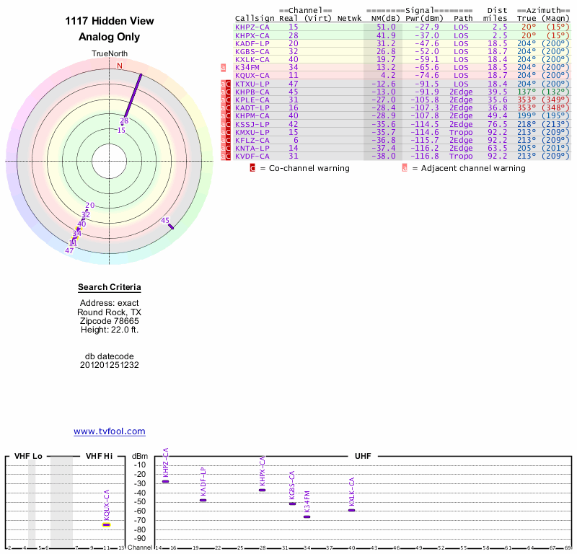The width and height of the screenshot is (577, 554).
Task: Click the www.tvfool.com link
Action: (x=110, y=431)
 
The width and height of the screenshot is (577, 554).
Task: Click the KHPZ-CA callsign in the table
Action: (x=252, y=27)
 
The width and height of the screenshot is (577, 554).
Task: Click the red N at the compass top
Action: (x=120, y=66)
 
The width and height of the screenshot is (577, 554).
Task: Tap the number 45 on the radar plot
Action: (x=165, y=220)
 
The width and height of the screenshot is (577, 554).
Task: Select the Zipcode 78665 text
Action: (x=110, y=321)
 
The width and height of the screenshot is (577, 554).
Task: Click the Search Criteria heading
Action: (x=110, y=288)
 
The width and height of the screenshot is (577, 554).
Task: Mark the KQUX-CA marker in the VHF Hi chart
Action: (x=106, y=524)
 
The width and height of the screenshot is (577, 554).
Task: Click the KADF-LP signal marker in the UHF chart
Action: (x=203, y=500)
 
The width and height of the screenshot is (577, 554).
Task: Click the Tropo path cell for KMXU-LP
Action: (x=462, y=131)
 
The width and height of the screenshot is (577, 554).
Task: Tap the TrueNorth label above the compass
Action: (x=110, y=54)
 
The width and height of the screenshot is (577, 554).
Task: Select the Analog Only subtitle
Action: (x=110, y=38)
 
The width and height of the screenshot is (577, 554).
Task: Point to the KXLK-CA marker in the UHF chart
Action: (x=352, y=510)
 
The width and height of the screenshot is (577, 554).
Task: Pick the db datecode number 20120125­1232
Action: (x=110, y=365)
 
